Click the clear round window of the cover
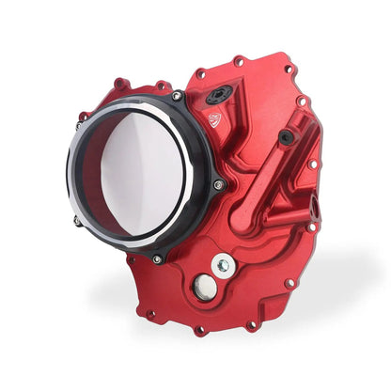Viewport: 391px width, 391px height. [141, 174]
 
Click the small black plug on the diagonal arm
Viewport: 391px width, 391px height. [286, 136]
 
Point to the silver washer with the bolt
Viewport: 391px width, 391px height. [223, 265]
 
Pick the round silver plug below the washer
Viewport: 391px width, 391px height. [204, 289]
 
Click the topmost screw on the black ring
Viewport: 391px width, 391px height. [177, 96]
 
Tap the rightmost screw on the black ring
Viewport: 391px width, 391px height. [218, 184]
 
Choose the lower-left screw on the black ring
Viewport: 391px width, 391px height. [77, 222]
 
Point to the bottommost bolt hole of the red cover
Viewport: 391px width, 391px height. [199, 330]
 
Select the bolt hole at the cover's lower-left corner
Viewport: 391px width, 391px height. [150, 314]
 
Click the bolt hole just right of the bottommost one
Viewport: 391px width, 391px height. [251, 324]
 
